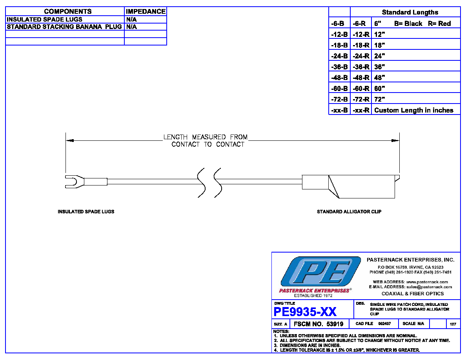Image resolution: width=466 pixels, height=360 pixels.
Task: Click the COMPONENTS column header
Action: (68, 11)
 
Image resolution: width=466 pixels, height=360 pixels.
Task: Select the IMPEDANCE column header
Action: (146, 11)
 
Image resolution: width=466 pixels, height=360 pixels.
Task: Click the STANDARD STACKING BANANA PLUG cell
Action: (64, 27)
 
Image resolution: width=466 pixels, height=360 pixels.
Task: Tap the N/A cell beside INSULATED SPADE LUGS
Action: (131, 19)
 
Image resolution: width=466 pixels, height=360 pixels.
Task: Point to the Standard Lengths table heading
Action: (410, 12)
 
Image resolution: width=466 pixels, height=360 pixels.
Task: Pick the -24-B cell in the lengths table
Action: (339, 56)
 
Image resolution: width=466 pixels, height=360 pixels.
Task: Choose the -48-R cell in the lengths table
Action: (361, 78)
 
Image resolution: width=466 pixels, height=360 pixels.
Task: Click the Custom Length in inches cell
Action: (414, 110)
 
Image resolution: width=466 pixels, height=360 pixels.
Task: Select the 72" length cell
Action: (380, 99)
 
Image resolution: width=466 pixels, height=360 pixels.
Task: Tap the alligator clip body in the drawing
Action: (351, 186)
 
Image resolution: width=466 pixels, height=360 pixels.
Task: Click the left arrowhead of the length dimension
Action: (69, 140)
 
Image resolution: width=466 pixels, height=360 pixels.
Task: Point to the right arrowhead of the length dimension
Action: (395, 140)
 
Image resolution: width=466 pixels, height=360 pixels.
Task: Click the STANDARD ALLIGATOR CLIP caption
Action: (349, 211)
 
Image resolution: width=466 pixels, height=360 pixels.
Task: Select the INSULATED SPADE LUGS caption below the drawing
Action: (86, 211)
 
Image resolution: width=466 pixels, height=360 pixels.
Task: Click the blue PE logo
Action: (320, 272)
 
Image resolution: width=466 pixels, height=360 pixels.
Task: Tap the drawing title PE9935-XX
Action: (305, 312)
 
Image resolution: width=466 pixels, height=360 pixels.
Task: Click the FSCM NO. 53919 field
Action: (318, 324)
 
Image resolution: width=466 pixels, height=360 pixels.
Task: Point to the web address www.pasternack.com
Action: (427, 282)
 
